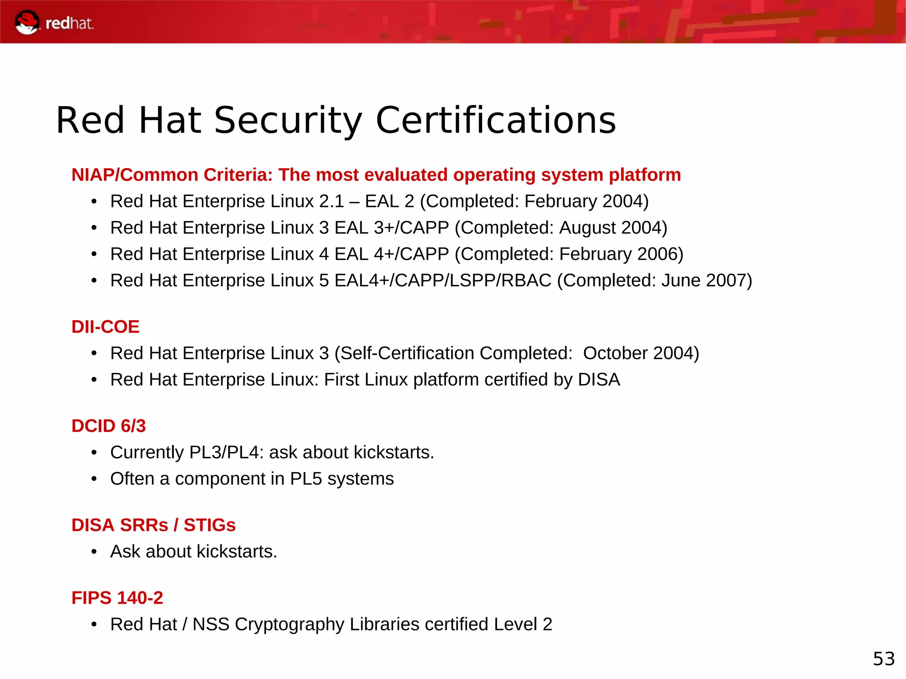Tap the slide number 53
(x=883, y=659)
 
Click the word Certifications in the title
(x=495, y=120)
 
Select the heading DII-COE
(x=105, y=327)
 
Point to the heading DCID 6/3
(x=108, y=426)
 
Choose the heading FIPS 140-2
(x=117, y=598)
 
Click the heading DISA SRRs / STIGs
(x=154, y=525)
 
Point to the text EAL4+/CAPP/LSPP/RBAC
(x=443, y=280)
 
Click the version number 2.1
(x=331, y=201)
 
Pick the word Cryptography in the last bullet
(x=289, y=624)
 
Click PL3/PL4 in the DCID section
(x=226, y=453)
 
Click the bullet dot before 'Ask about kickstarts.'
(x=94, y=552)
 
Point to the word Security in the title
(x=288, y=120)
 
